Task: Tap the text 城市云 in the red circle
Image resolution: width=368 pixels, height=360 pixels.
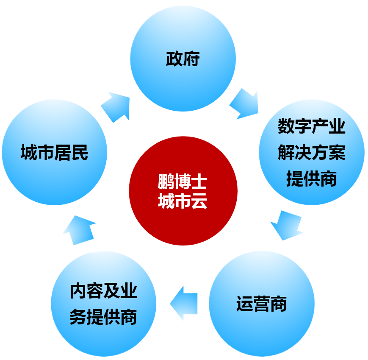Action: [183, 201]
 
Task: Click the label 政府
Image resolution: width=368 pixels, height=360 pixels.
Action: [183, 59]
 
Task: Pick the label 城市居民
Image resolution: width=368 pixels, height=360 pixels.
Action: [54, 153]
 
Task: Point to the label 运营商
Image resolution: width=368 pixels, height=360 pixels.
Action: [261, 304]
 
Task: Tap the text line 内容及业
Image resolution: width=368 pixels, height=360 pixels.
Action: [103, 291]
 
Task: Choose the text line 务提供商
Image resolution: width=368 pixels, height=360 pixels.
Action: [103, 317]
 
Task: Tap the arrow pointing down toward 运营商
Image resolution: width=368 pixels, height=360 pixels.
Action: [286, 225]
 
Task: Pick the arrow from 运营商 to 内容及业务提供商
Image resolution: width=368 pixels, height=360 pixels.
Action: [183, 303]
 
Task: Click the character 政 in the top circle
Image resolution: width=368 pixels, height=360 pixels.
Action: [174, 59]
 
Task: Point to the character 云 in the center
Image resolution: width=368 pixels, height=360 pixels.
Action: [199, 201]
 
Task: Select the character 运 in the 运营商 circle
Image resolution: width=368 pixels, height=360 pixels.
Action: [244, 304]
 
